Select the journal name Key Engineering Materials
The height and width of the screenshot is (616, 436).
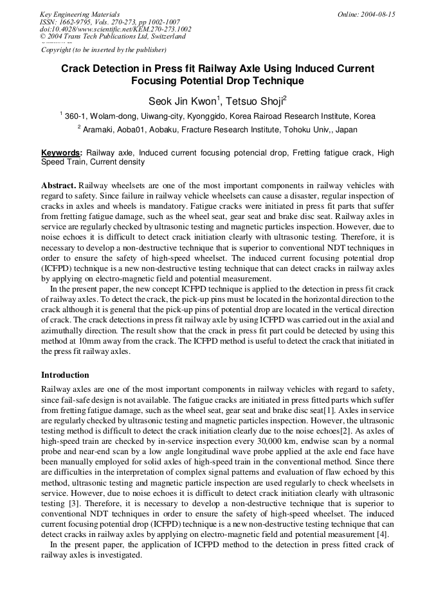tap(80, 14)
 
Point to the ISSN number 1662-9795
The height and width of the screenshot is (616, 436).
tap(82, 22)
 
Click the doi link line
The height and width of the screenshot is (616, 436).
tap(115, 29)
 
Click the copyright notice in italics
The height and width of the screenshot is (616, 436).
tap(104, 49)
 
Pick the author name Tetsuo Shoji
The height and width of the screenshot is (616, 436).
tap(255, 101)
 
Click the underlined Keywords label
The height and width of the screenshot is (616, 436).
tap(61, 153)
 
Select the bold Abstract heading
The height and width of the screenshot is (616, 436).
tap(59, 185)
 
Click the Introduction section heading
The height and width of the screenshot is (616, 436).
tap(65, 374)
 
